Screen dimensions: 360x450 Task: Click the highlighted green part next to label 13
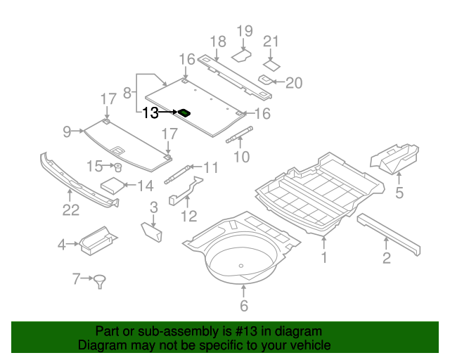(x=185, y=112)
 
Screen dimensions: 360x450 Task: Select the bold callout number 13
(x=151, y=112)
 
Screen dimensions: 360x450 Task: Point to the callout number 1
(x=324, y=258)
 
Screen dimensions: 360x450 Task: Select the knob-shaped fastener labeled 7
(x=101, y=281)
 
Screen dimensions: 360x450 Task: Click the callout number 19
(x=244, y=31)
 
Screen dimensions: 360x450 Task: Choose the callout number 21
(x=271, y=41)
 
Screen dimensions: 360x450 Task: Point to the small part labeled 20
(x=266, y=79)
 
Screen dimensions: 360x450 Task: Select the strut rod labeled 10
(x=239, y=134)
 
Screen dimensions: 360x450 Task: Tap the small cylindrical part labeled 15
(x=118, y=167)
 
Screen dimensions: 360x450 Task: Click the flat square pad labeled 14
(x=112, y=186)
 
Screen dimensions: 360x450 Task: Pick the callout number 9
(x=67, y=131)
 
